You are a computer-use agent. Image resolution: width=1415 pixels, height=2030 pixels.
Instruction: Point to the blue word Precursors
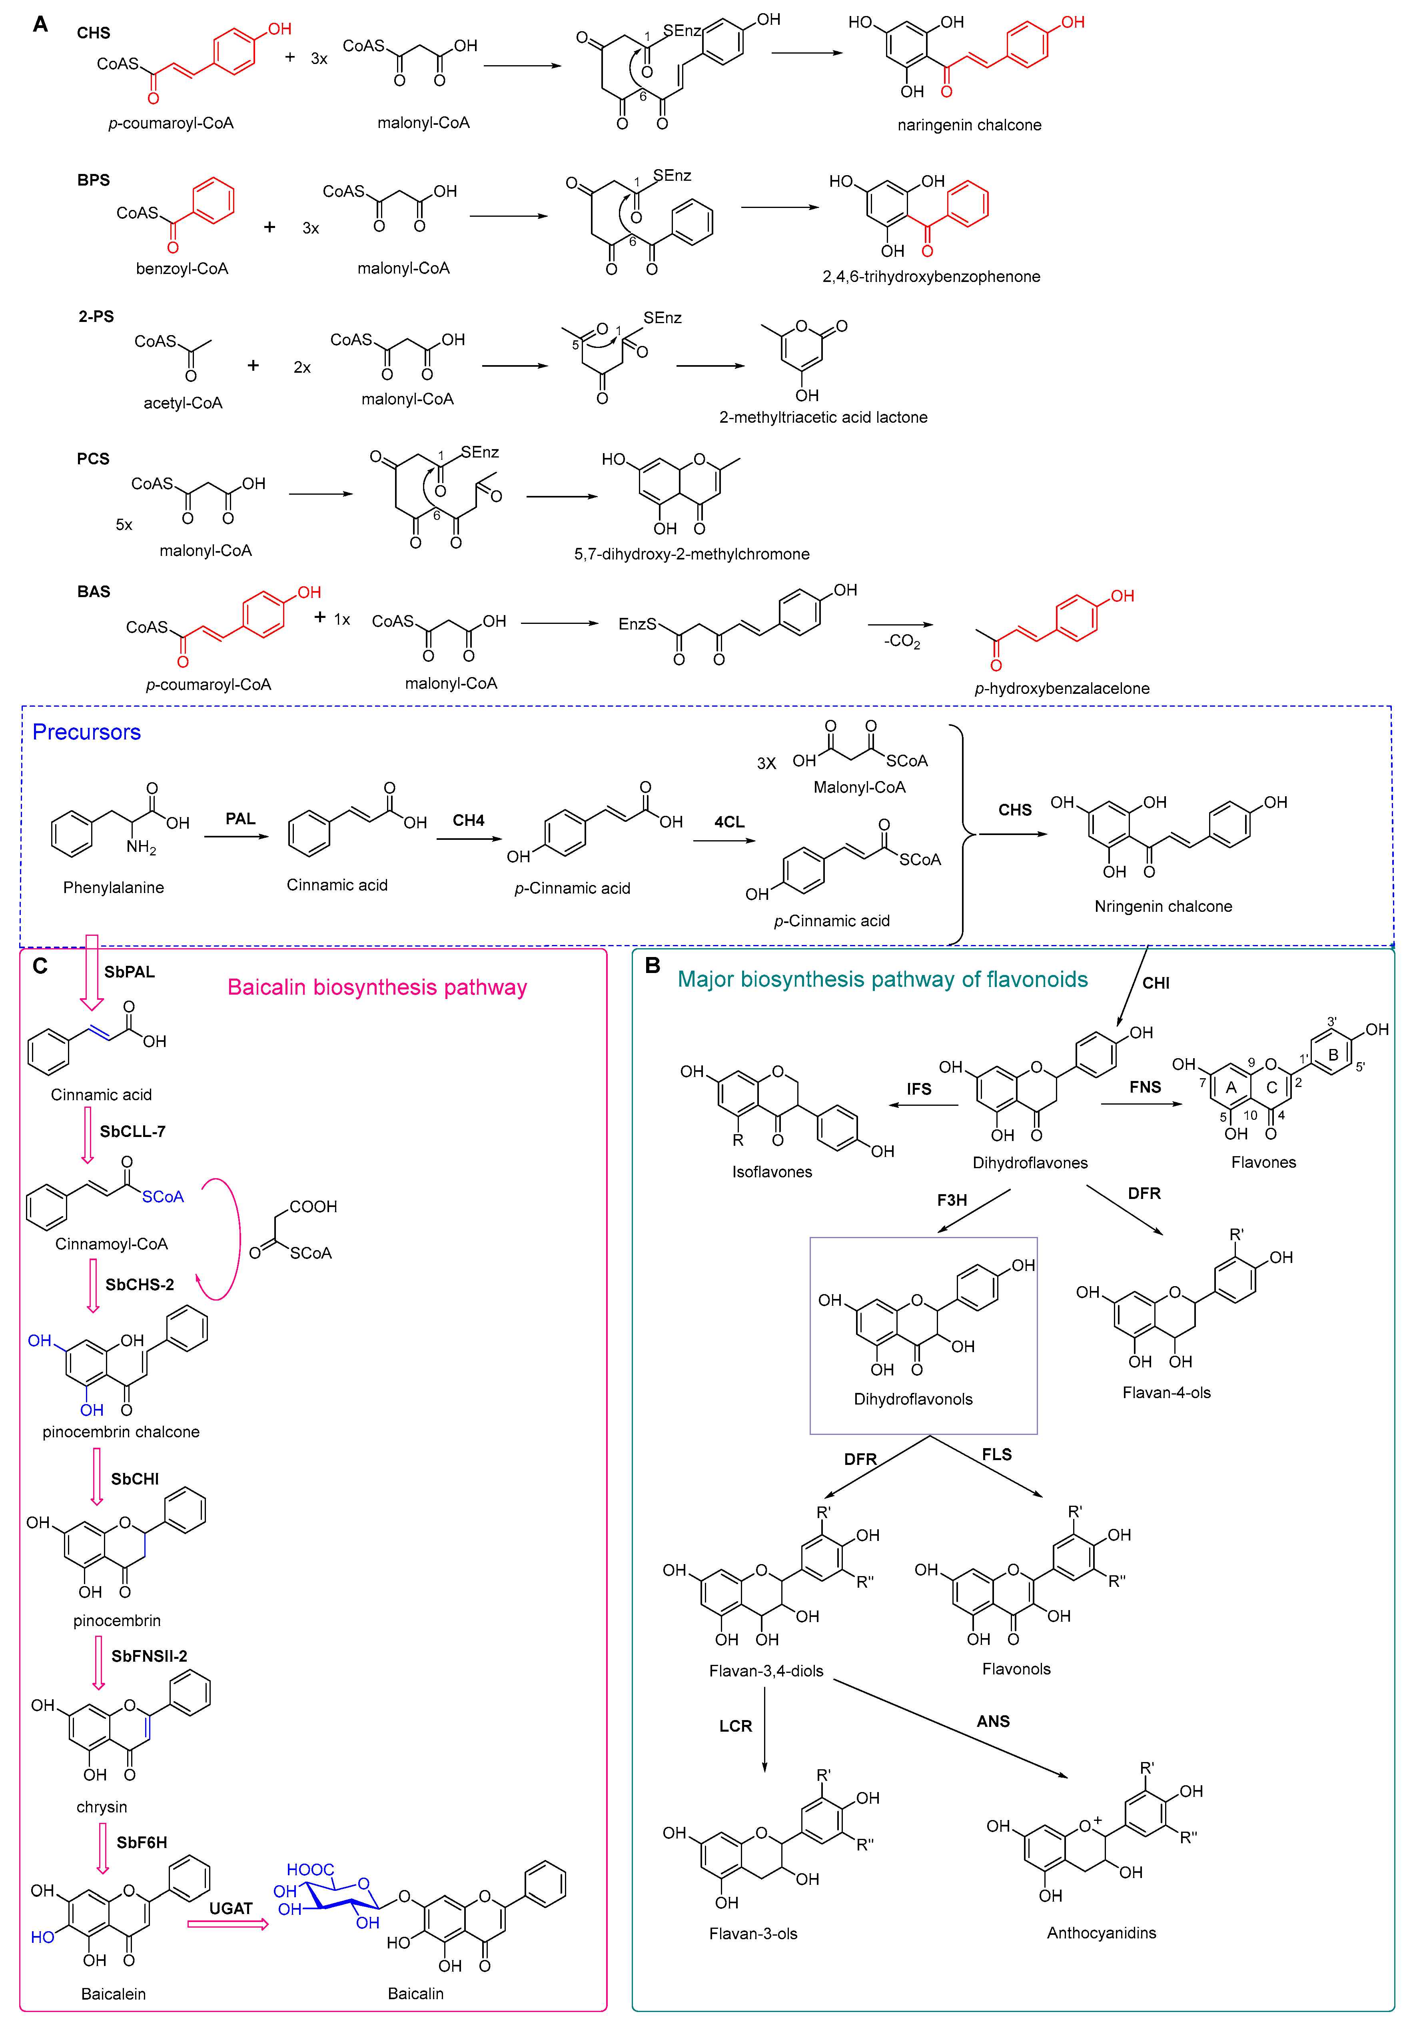(87, 732)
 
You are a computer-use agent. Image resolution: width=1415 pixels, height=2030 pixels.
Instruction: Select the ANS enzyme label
(994, 1721)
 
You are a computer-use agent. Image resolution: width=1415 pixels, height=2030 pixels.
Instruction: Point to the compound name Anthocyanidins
(1101, 1933)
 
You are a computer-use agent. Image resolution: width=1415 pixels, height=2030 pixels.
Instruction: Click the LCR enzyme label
(735, 1726)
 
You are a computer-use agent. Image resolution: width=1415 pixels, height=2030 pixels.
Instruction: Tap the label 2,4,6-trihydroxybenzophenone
(932, 277)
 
